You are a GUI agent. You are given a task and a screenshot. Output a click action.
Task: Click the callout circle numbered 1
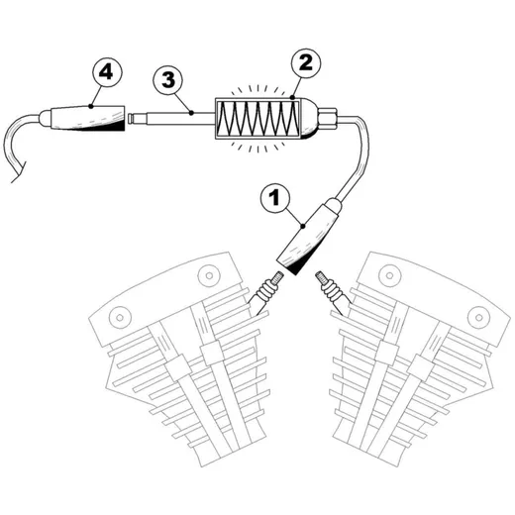click(275, 198)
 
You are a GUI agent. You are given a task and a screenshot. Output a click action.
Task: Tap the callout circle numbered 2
click(305, 63)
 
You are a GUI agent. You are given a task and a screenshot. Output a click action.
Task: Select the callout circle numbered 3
click(168, 80)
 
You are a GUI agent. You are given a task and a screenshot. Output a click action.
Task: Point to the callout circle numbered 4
click(106, 72)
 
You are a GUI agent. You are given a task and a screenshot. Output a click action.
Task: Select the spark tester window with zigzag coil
click(257, 119)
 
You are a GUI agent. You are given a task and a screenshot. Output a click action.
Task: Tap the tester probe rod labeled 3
click(171, 119)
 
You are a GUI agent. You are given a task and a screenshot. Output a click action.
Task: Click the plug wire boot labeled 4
click(82, 118)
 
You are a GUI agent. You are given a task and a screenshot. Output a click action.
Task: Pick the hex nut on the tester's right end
click(327, 118)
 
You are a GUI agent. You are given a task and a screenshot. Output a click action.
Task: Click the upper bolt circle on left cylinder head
click(209, 275)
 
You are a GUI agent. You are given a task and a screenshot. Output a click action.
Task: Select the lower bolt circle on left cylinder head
click(120, 318)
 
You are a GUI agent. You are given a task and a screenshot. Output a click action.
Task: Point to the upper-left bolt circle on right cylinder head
click(390, 275)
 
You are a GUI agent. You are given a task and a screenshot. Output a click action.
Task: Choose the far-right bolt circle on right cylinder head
click(478, 318)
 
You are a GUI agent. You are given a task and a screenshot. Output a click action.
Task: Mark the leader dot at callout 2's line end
click(292, 98)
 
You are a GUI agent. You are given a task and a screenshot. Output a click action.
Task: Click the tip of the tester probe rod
click(129, 119)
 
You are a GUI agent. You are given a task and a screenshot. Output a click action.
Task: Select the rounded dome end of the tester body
click(309, 119)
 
